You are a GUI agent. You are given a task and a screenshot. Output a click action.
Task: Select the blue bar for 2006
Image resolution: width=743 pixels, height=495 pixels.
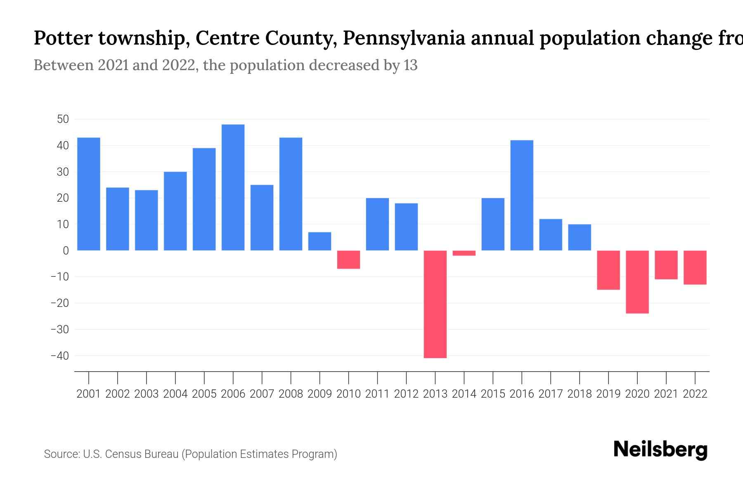coord(233,188)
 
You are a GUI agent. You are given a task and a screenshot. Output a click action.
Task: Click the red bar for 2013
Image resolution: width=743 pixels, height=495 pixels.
coord(435,304)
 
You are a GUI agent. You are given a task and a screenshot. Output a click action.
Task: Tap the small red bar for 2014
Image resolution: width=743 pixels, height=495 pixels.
coord(464,253)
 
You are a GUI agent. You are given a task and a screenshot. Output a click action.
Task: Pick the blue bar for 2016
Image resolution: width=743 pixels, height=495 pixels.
coord(522,196)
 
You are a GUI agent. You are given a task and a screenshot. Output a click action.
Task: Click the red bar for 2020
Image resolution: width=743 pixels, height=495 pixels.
coord(637,282)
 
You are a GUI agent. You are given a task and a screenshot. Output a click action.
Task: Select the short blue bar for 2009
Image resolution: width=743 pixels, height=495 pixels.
coord(319,241)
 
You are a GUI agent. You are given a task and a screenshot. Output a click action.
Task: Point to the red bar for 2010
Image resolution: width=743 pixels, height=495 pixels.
coord(348,259)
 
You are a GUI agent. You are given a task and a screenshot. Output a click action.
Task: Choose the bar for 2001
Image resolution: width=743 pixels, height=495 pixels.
coord(89,194)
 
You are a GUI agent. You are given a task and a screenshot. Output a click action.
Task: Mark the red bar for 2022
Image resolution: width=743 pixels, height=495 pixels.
coord(695,267)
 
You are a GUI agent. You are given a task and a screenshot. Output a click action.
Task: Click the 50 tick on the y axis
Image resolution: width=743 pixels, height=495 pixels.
coord(63,120)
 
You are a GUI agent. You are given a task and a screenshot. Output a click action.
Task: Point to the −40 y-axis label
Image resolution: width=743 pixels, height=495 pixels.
coord(59,356)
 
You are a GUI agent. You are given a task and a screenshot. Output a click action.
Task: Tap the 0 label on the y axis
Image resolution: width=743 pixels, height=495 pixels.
coord(66,251)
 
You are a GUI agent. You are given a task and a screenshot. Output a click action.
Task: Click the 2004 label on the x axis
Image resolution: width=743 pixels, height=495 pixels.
coord(175,394)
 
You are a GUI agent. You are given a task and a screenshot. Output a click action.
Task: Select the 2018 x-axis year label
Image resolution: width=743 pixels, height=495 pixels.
coord(579,394)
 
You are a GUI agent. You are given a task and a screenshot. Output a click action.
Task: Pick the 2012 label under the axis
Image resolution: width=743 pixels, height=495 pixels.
coord(406,394)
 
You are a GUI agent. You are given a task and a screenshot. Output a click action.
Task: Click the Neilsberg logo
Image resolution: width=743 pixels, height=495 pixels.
coord(660,450)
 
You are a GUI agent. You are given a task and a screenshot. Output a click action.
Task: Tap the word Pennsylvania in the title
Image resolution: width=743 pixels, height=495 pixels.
coord(404,38)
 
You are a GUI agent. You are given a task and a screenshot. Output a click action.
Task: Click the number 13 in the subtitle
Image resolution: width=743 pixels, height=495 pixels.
coord(410,65)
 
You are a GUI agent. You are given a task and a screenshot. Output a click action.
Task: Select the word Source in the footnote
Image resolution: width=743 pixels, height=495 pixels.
coord(62,454)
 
